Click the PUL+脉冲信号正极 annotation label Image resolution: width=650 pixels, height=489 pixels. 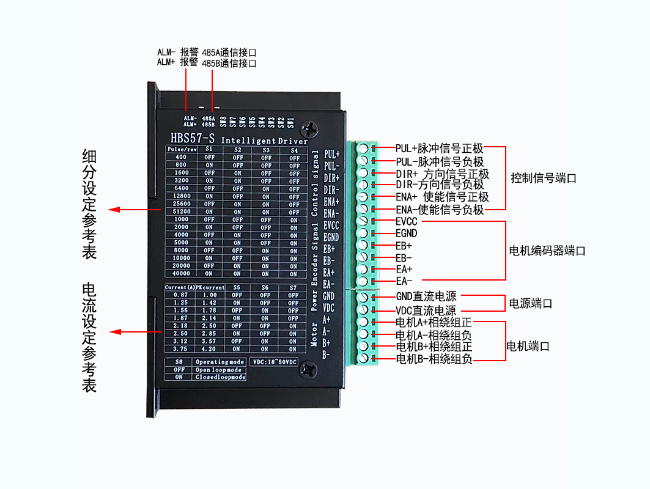[x=439, y=148]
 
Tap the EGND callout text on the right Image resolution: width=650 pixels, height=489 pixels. [x=407, y=233]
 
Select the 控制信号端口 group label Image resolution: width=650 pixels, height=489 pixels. [x=544, y=178]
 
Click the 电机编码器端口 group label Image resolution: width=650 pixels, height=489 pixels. [x=547, y=251]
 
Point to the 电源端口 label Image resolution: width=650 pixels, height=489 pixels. [x=531, y=303]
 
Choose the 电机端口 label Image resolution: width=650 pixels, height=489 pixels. [x=528, y=346]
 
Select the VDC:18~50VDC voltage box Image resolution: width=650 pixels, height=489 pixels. [x=274, y=362]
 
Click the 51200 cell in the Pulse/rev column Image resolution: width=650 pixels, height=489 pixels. [x=181, y=212]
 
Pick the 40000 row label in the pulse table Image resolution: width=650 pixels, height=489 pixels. [x=181, y=274]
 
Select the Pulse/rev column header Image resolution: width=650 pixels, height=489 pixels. [x=181, y=149]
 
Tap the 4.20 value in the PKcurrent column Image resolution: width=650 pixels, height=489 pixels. [x=209, y=349]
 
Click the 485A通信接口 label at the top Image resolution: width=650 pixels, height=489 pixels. [x=229, y=53]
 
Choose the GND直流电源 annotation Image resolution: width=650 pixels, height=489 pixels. [x=426, y=297]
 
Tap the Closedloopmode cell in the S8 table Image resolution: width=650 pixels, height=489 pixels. [x=220, y=377]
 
